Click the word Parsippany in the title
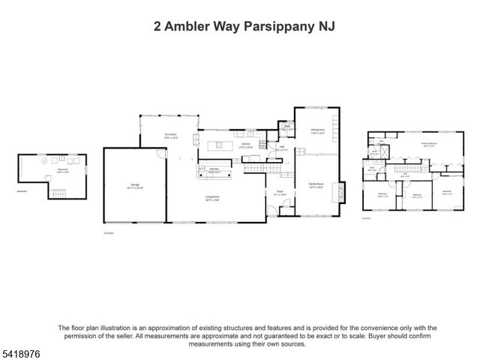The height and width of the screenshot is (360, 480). point(282,27)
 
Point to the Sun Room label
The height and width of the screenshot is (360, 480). point(171,136)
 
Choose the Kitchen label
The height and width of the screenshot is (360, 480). point(245,146)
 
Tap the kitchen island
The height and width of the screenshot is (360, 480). point(220,145)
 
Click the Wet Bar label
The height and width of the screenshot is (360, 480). point(213,169)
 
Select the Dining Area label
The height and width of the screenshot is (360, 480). point(317,130)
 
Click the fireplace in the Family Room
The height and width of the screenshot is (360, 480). point(343,191)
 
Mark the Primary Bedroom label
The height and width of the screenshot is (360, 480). point(428,144)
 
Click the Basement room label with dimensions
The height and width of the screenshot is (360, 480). point(63,172)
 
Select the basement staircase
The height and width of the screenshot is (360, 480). point(57,193)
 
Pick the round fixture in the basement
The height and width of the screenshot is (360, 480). point(43,160)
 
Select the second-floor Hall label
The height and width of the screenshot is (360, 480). point(405,175)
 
